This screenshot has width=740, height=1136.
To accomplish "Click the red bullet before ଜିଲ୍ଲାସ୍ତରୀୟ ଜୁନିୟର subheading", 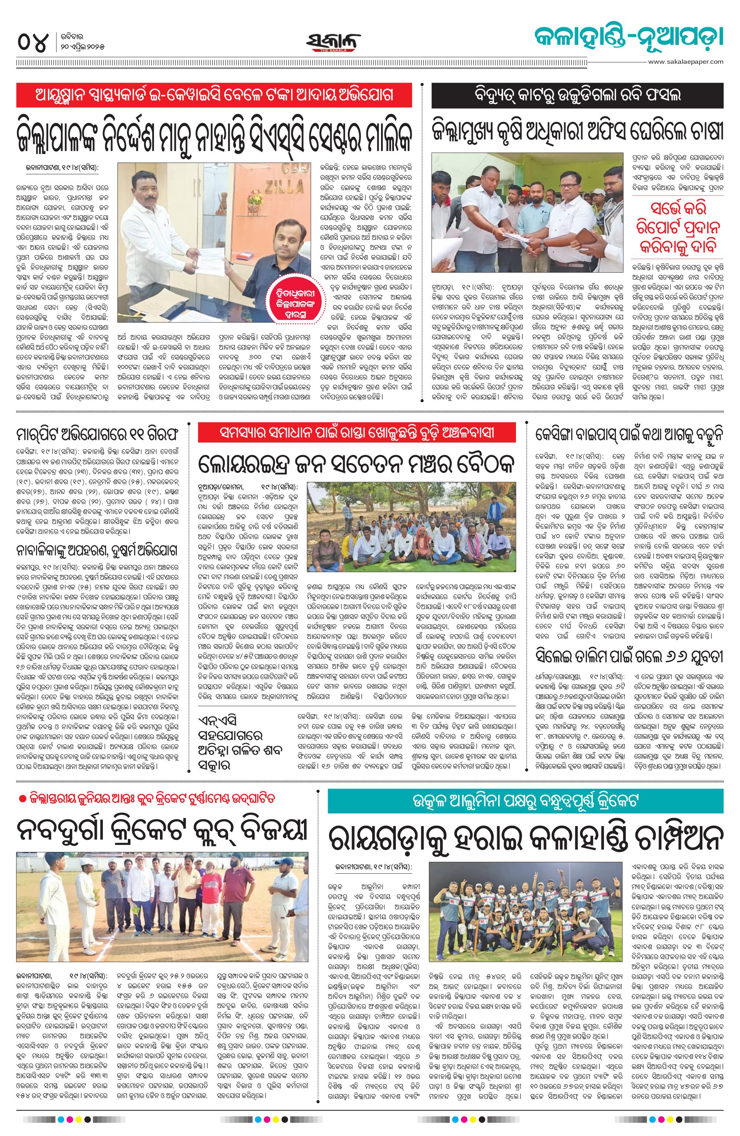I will pyautogui.click(x=22, y=798).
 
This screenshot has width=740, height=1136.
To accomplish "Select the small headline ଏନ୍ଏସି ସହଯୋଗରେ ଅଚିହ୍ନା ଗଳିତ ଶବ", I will pyautogui.click(x=239, y=744).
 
